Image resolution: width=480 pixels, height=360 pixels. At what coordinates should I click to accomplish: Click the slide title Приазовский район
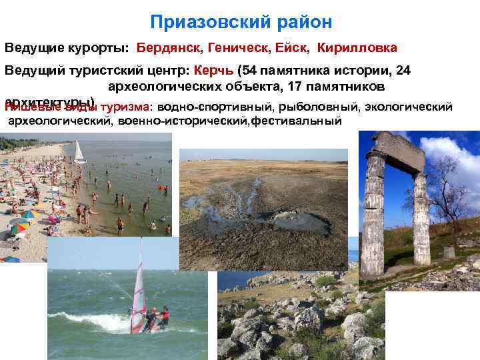(241, 22)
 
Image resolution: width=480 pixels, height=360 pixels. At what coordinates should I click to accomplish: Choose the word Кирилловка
(357, 48)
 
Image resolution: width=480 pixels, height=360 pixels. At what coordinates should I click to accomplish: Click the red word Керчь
(214, 71)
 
